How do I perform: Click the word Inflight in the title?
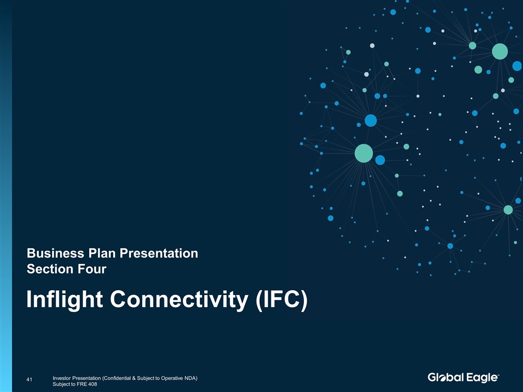[64, 299]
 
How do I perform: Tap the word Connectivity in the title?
[179, 299]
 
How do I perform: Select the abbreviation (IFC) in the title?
[282, 299]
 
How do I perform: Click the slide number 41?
[29, 379]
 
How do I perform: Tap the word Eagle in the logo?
[481, 378]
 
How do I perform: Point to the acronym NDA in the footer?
[192, 378]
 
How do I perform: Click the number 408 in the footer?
[93, 384]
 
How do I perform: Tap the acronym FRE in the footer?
[82, 384]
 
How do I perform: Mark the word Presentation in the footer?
[87, 378]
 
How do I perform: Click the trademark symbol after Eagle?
[498, 375]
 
